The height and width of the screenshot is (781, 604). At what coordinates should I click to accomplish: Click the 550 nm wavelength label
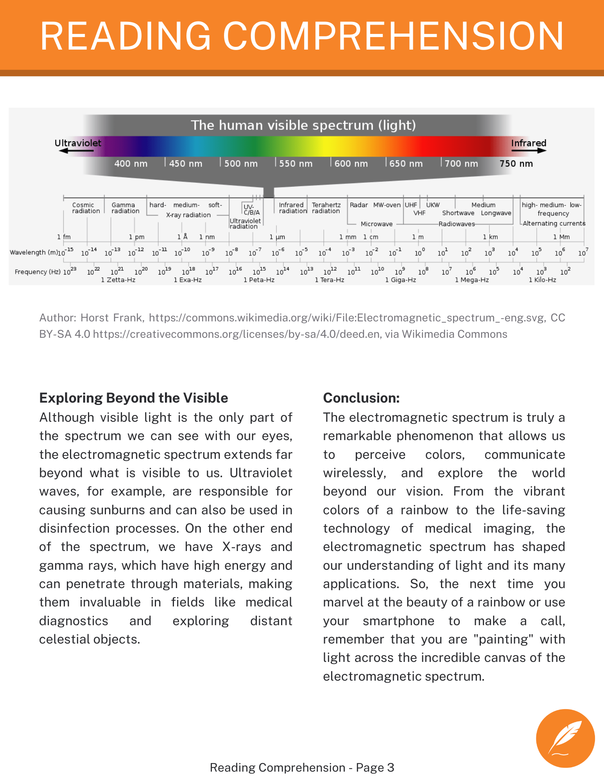click(296, 164)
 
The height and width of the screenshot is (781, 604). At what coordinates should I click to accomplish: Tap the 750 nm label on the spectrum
click(516, 164)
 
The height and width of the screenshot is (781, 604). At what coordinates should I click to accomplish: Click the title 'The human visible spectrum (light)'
click(303, 125)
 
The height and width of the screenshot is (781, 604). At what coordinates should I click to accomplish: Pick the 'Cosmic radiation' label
click(86, 208)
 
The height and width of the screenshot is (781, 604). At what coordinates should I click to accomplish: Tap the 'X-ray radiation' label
click(188, 215)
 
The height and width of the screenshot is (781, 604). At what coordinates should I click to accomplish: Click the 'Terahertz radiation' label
click(326, 208)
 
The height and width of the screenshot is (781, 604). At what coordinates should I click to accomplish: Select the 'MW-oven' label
click(387, 205)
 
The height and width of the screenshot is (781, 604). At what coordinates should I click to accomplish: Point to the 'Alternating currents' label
click(554, 223)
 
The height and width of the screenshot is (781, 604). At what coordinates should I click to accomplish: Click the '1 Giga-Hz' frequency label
click(400, 280)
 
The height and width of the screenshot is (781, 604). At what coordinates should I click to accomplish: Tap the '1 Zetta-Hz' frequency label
click(118, 280)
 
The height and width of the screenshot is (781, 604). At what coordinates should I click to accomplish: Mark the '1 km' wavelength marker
click(490, 237)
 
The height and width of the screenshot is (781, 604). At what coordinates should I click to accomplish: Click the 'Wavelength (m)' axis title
click(34, 252)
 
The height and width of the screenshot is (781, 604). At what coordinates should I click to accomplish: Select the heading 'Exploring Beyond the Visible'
click(134, 398)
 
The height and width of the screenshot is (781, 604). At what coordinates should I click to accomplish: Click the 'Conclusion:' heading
click(361, 398)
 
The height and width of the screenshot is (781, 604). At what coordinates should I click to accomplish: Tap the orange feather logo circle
click(565, 738)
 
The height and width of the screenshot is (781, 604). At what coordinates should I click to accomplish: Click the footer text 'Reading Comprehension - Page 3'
click(302, 767)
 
